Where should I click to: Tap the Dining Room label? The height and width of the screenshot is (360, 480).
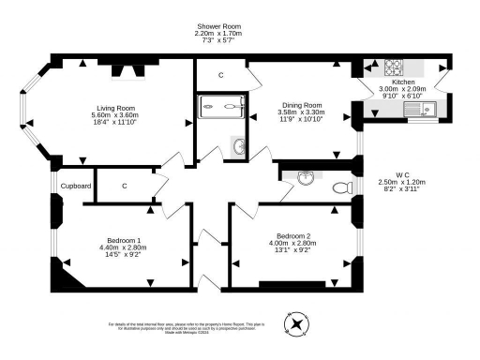click(x=300, y=105)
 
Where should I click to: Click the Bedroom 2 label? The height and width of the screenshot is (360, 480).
click(x=293, y=235)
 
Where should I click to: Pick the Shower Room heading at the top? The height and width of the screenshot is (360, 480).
click(x=217, y=26)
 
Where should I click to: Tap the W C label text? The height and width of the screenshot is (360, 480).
click(x=402, y=174)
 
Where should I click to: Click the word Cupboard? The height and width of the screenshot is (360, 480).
click(x=76, y=187)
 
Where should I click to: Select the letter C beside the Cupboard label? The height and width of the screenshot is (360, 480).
click(x=124, y=187)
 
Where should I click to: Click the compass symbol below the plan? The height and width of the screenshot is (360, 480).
click(x=297, y=325)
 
